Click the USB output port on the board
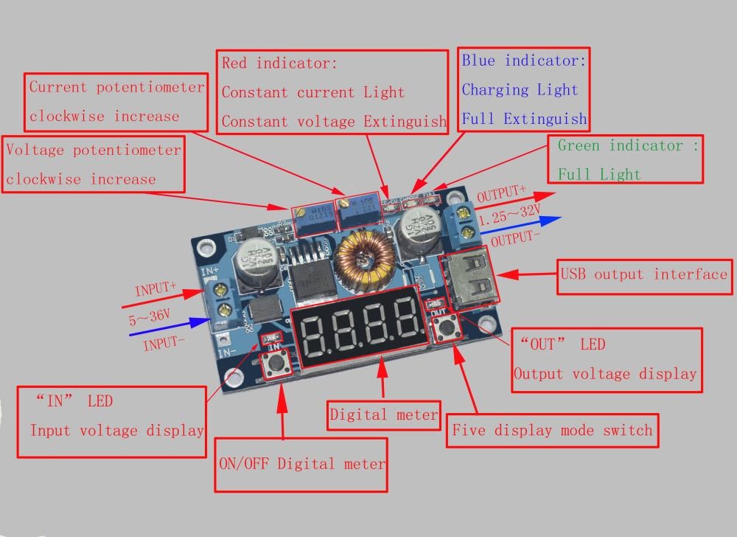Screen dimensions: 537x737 tap(468, 279)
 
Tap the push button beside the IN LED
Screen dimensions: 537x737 tap(278, 364)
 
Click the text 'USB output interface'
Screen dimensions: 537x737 tap(643, 274)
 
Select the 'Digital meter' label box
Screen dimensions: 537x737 tap(383, 415)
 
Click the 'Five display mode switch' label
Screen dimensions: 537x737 tap(552, 430)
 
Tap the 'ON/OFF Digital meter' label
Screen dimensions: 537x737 tap(301, 464)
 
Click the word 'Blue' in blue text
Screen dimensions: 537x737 tap(478, 61)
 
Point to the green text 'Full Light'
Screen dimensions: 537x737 tap(598, 175)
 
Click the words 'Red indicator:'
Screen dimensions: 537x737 tap(279, 63)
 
